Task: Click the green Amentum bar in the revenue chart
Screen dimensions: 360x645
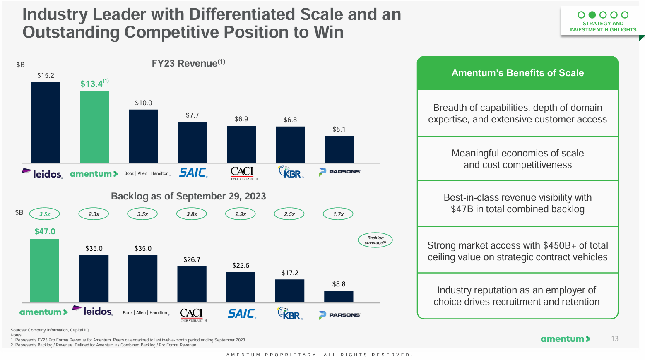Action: pos(94,127)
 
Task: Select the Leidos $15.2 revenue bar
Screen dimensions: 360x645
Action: pos(46,122)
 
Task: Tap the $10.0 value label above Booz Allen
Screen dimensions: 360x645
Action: pos(144,103)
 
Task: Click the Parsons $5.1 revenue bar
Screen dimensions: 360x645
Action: pos(339,149)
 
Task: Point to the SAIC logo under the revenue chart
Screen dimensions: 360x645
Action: pos(193,173)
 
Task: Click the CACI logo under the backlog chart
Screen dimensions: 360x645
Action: pos(191,314)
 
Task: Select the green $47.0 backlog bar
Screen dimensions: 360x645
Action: pos(45,271)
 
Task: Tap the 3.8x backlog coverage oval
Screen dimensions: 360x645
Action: pos(192,214)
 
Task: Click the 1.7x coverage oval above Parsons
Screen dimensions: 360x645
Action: pos(338,214)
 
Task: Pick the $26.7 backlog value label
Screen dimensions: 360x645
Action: pos(192,259)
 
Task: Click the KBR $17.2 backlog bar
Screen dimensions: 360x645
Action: pos(290,291)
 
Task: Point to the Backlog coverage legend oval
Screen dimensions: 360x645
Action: pos(375,240)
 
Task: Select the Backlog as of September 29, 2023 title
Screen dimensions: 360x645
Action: pos(188,196)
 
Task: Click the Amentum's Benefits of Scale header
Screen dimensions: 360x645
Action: pos(517,73)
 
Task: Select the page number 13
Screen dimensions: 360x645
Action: pos(615,339)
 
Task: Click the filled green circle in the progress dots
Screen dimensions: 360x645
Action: pos(592,15)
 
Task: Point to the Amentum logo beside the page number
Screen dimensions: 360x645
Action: pos(565,339)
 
